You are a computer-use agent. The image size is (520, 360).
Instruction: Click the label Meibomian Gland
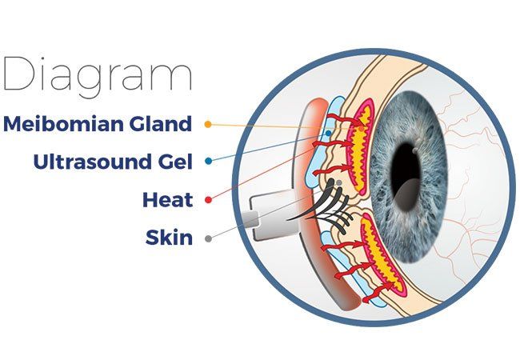pos(98,124)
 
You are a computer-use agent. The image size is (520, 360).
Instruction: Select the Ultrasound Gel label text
pos(113,162)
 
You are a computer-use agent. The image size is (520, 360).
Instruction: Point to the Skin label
pos(169,237)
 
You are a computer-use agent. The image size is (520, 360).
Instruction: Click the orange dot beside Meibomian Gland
pos(208,125)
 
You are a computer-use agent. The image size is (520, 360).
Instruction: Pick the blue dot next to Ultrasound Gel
pos(208,162)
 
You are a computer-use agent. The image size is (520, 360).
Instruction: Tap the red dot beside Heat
pos(208,199)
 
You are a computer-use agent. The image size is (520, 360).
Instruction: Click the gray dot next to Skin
pos(208,238)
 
